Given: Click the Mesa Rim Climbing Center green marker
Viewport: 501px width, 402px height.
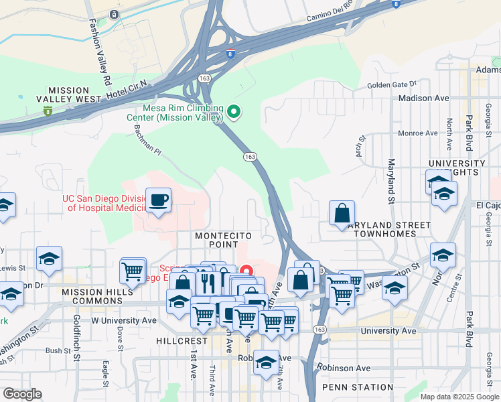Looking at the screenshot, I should pyautogui.click(x=234, y=112).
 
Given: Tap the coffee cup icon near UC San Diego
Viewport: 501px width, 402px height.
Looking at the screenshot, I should pyautogui.click(x=158, y=200).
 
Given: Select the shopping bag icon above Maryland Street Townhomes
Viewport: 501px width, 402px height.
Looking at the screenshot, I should pyautogui.click(x=342, y=213).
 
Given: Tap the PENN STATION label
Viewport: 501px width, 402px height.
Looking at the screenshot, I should pyautogui.click(x=357, y=387).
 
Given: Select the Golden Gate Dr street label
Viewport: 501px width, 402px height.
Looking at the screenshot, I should pyautogui.click(x=391, y=85).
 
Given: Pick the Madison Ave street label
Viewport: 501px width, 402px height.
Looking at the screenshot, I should pyautogui.click(x=423, y=98).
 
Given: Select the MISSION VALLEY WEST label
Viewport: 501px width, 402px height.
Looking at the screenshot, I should pyautogui.click(x=74, y=94).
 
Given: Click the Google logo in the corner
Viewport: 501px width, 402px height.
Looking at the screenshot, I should pyautogui.click(x=22, y=394).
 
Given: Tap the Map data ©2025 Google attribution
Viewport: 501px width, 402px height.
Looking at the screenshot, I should pyautogui.click(x=459, y=397).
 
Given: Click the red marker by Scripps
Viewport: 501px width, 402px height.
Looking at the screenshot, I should pyautogui.click(x=246, y=271).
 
